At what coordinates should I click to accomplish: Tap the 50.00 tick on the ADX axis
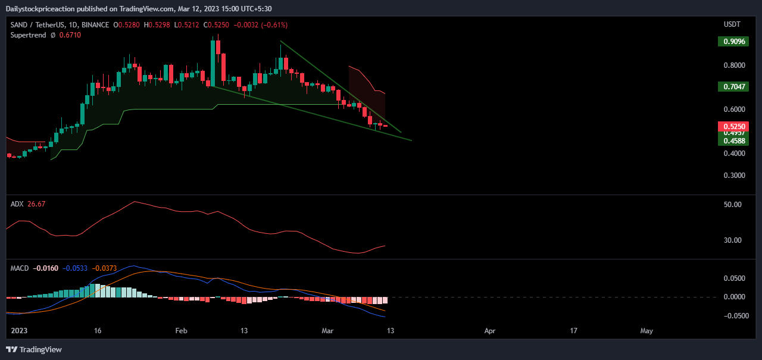pyautogui.click(x=732, y=205)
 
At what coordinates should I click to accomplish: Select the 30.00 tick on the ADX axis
pyautogui.click(x=732, y=240)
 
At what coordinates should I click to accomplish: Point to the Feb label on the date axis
pyautogui.click(x=182, y=330)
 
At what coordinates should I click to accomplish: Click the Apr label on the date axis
pyautogui.click(x=490, y=330)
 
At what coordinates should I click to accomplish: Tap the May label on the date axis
pyautogui.click(x=647, y=330)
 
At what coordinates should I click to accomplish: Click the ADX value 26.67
pyautogui.click(x=36, y=204)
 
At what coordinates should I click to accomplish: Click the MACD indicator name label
pyautogui.click(x=20, y=268)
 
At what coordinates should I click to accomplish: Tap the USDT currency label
pyautogui.click(x=732, y=24)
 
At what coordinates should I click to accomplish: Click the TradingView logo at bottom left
pyautogui.click(x=34, y=349)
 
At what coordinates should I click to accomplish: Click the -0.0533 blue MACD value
pyautogui.click(x=76, y=268)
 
